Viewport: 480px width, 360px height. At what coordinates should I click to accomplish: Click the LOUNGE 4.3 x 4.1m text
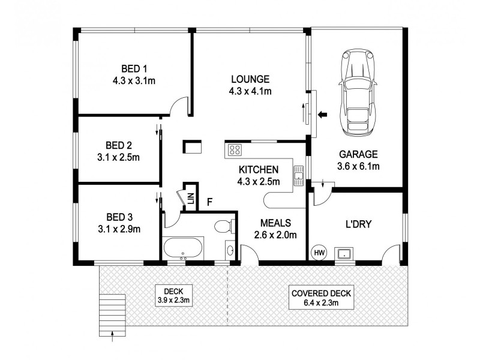[x=250, y=85]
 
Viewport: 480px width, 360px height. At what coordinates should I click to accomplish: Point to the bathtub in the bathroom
[x=183, y=248]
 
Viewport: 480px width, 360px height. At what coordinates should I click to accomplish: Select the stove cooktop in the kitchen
[x=233, y=150]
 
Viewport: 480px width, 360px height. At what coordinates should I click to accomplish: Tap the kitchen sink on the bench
[x=298, y=175]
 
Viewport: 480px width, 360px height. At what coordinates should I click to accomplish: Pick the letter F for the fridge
[x=209, y=202]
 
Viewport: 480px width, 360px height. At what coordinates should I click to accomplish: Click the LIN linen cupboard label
[x=190, y=199]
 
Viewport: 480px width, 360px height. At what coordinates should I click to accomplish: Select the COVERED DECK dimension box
[x=321, y=298]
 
